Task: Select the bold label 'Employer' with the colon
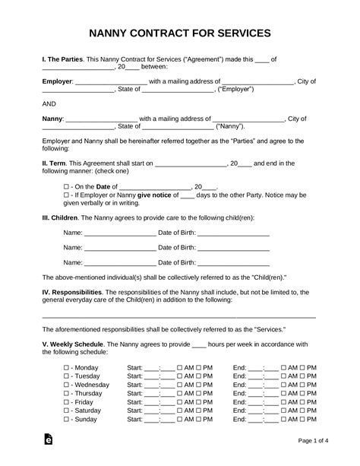click(x=57, y=81)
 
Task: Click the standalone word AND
click(x=49, y=104)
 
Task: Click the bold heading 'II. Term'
click(x=58, y=163)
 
